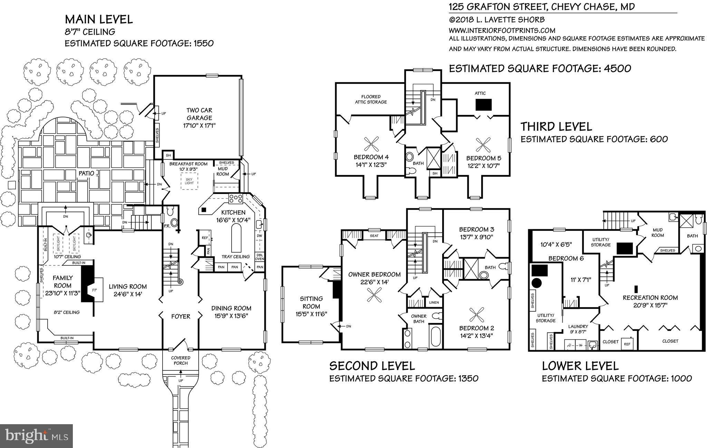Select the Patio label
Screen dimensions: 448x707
pos(86,174)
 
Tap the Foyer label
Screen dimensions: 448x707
pos(181,316)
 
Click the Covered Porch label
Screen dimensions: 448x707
pos(181,360)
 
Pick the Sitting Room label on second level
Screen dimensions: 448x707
pos(312,302)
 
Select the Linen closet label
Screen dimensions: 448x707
pos(434,302)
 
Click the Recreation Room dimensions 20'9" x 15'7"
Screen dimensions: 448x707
pos(650,305)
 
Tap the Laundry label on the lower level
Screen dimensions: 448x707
pos(578,326)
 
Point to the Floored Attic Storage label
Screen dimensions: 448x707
pos(371,99)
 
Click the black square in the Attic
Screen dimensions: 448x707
pos(483,105)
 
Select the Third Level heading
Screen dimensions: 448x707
pos(556,127)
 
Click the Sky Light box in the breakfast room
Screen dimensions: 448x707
pos(189,181)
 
